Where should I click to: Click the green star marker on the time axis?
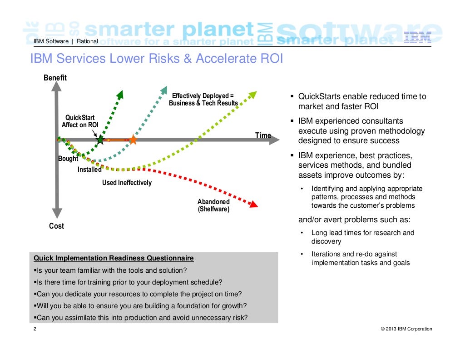100,140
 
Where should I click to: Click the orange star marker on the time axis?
133,140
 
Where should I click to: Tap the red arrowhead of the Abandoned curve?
254,204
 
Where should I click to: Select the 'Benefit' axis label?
55,78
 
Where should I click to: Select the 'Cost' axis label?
56,226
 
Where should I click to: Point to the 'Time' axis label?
263,135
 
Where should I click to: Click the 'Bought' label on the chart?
68,159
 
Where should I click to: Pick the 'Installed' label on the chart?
89,170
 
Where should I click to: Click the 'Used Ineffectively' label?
127,183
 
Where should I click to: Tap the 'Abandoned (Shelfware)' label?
213,205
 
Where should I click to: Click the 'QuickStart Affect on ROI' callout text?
80,121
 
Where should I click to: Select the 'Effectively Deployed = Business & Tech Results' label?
203,100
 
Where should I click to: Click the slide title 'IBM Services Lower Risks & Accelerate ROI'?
156,59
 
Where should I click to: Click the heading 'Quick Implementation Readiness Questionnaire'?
114,258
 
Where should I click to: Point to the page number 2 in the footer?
35,329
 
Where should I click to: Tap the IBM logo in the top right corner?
417,37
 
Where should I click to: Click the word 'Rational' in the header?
87,41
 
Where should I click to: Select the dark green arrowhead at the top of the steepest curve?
120,94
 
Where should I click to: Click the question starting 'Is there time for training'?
128,282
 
